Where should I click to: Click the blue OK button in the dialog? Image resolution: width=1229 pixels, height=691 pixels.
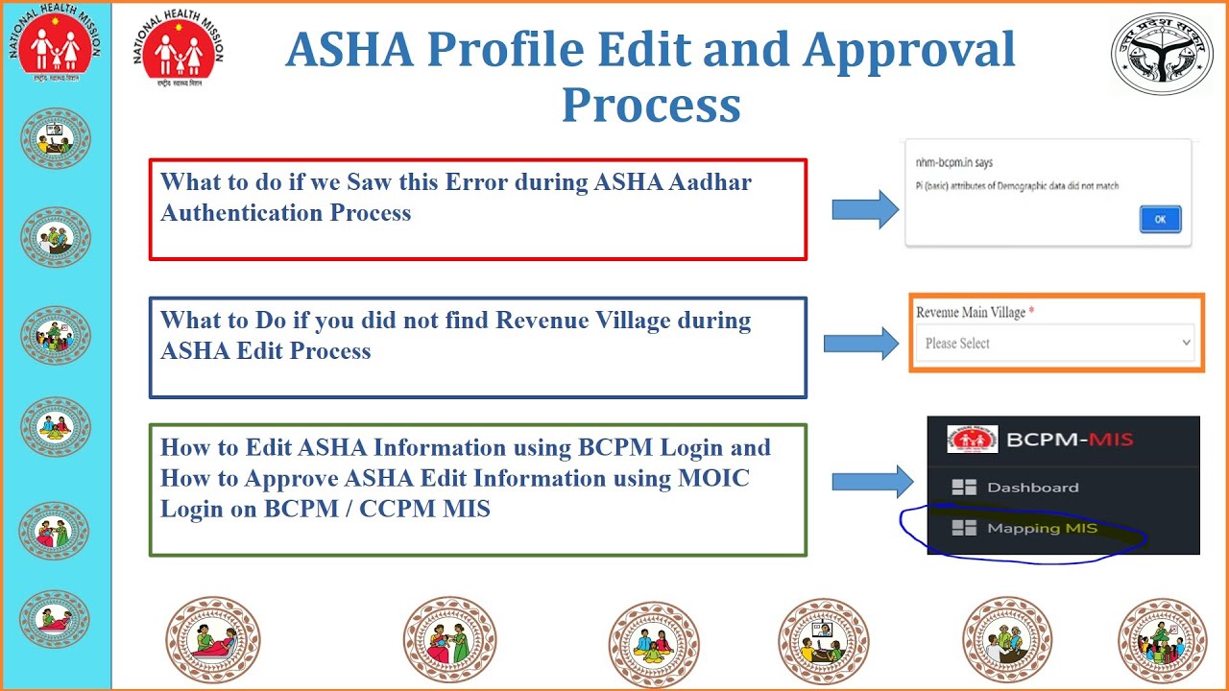[1160, 220]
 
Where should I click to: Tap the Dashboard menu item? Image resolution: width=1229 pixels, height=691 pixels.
[1032, 488]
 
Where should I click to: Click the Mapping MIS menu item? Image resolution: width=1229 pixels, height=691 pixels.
[1041, 528]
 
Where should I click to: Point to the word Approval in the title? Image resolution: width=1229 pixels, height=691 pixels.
[908, 50]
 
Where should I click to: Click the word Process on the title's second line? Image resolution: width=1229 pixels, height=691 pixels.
[651, 105]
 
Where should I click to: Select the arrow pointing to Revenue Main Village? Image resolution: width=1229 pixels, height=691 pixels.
[860, 343]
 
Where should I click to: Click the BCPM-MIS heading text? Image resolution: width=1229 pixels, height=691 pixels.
[1070, 441]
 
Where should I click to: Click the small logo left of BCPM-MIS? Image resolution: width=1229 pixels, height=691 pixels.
[972, 440]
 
